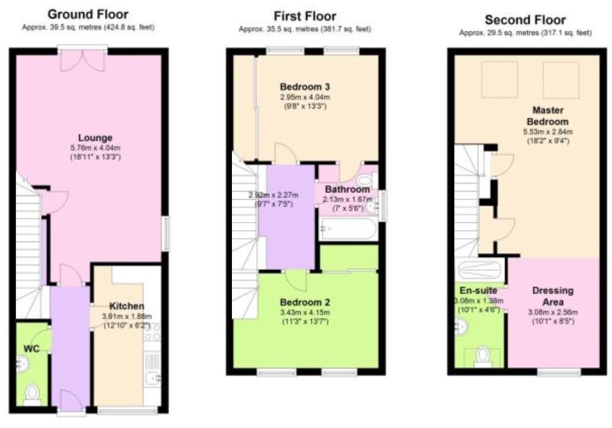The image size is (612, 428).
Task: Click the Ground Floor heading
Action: tap(88, 14)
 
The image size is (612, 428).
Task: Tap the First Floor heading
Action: tap(305, 16)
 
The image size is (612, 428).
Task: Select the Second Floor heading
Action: tap(525, 20)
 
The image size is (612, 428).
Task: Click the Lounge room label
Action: tap(95, 138)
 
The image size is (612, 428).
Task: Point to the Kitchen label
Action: tap(127, 306)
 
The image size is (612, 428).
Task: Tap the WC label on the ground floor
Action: tap(32, 349)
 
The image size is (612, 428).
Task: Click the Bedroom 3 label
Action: tap(305, 87)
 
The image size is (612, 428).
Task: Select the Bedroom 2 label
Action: tap(305, 302)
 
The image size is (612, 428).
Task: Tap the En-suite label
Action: tap(475, 290)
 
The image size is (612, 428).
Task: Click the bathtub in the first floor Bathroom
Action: tap(348, 228)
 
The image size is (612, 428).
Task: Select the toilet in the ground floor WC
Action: tap(33, 394)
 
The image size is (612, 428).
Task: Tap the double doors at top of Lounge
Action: tap(82, 60)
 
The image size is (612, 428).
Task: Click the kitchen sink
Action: tap(152, 377)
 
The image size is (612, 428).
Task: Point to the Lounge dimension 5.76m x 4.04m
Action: tap(95, 148)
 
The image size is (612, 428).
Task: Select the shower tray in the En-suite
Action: tap(480, 270)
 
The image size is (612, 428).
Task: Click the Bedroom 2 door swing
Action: tap(296, 280)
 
